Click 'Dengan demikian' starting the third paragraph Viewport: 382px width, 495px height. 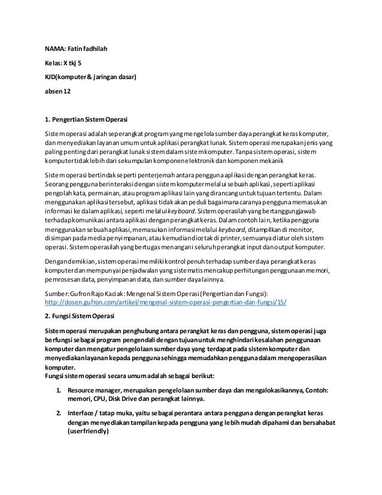(x=71, y=262)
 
